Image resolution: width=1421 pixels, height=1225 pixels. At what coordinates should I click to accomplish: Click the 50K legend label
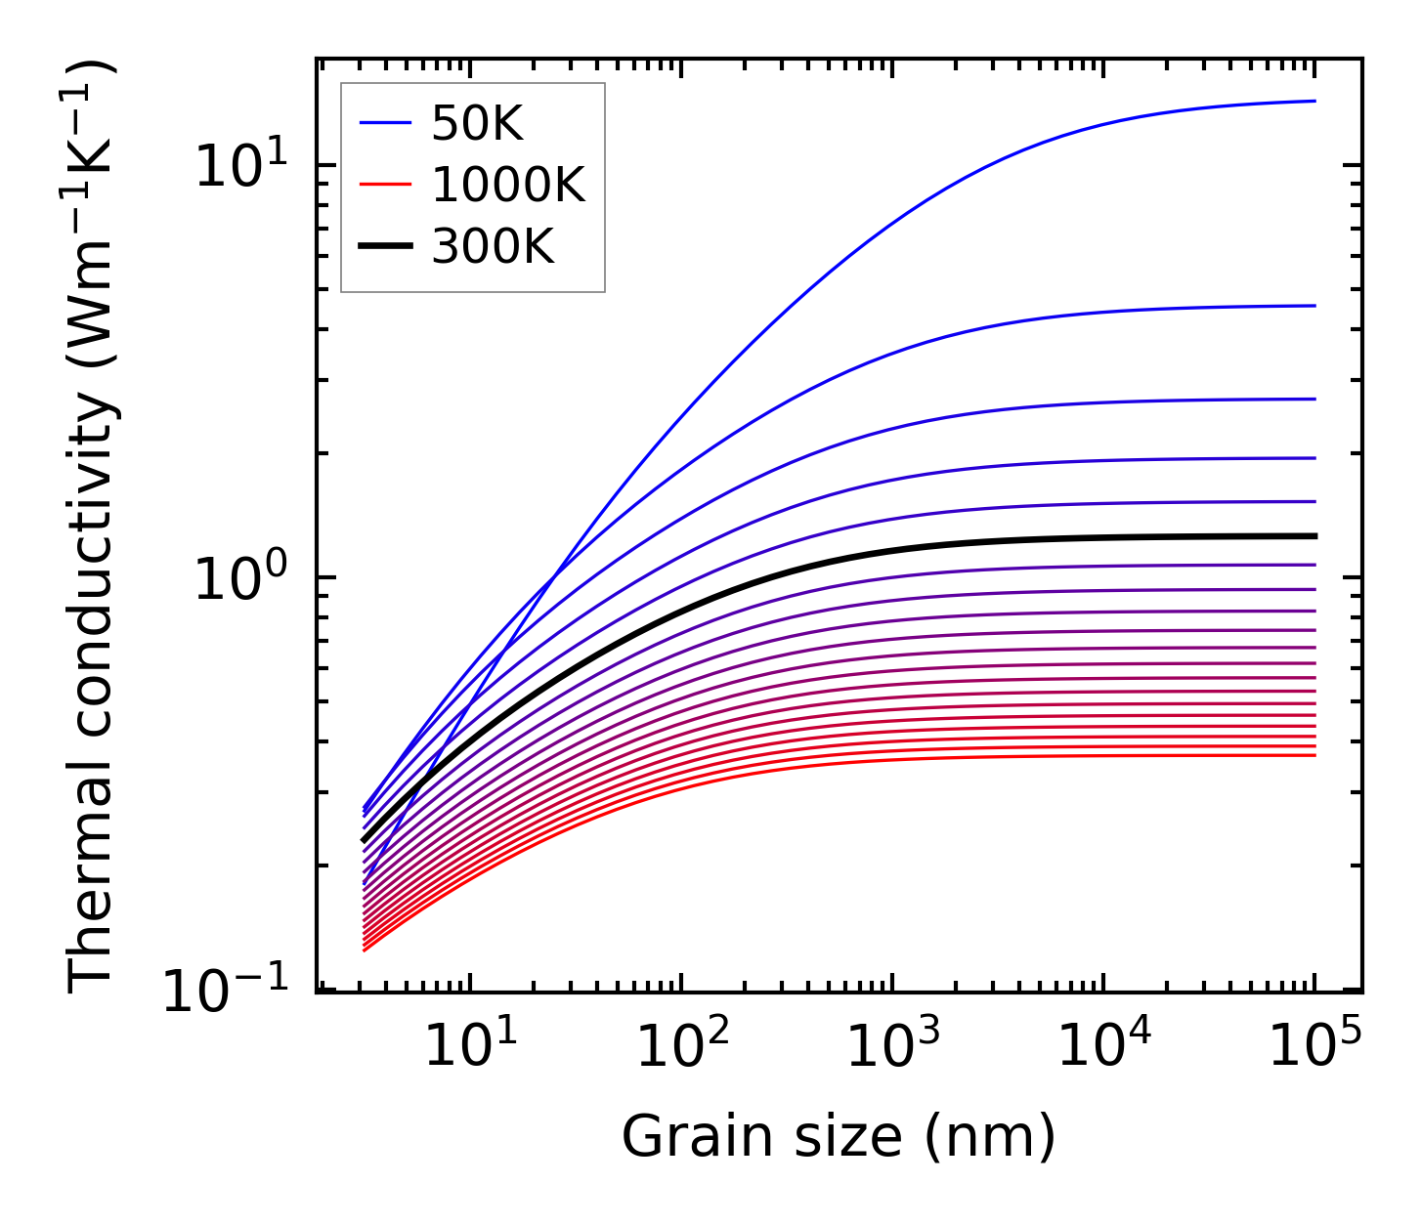pyautogui.click(x=478, y=124)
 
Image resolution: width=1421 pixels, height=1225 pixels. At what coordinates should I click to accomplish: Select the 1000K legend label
pyautogui.click(x=508, y=186)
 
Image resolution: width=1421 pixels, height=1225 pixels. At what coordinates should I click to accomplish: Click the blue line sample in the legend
pyautogui.click(x=387, y=124)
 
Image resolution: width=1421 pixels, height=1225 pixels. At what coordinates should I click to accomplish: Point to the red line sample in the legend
pyautogui.click(x=387, y=186)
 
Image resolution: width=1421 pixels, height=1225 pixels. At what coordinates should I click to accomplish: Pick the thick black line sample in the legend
pyautogui.click(x=387, y=247)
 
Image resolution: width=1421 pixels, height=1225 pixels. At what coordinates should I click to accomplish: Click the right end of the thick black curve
pyautogui.click(x=1315, y=536)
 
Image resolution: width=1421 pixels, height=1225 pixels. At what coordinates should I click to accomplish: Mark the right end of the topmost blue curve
pyautogui.click(x=1315, y=101)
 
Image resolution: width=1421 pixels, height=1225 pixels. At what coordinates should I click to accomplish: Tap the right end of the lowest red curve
pyautogui.click(x=1315, y=755)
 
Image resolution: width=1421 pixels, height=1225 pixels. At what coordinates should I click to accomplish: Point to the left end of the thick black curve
pyautogui.click(x=364, y=840)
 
